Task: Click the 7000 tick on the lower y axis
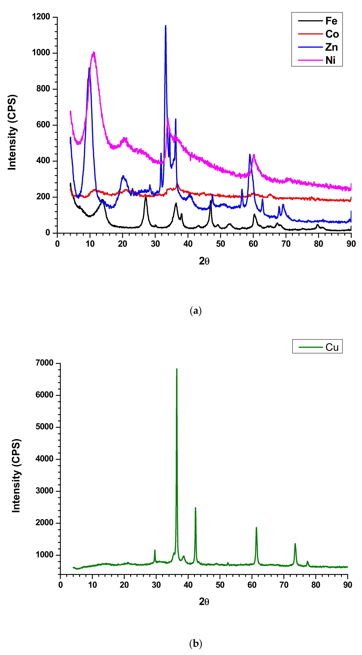45,363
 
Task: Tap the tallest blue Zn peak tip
166,26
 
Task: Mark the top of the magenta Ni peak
94,53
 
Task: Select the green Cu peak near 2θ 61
256,528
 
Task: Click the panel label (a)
196,311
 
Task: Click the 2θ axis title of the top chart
204,261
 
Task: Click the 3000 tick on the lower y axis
45,491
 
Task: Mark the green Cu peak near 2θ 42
195,508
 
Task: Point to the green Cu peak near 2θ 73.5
295,544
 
